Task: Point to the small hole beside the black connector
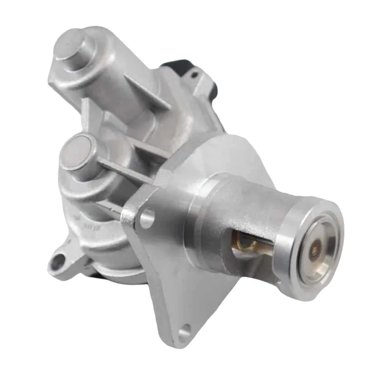point(192,72)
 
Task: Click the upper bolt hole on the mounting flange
point(147,217)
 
